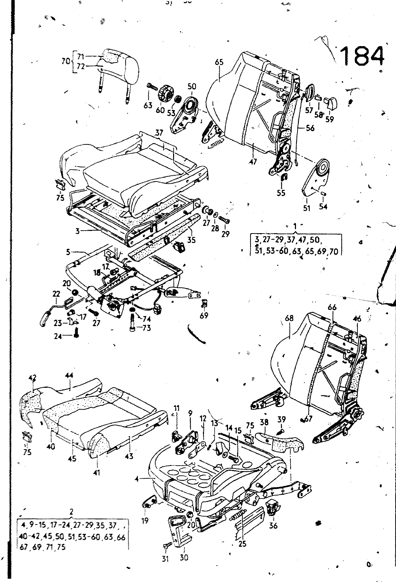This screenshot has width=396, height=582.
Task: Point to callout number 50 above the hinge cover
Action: click(x=192, y=86)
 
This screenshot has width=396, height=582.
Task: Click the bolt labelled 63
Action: click(x=151, y=88)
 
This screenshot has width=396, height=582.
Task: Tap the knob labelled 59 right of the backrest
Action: click(x=332, y=101)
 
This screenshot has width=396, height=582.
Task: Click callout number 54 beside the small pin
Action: click(x=323, y=207)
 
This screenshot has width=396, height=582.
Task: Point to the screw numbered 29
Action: click(x=225, y=220)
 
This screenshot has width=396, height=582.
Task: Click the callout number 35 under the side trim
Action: click(x=191, y=240)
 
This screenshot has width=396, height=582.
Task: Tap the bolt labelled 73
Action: click(x=132, y=323)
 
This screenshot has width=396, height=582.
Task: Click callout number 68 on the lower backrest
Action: click(x=289, y=318)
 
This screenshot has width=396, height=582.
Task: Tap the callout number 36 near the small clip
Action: click(x=273, y=525)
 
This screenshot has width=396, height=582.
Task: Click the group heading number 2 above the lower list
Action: click(x=72, y=512)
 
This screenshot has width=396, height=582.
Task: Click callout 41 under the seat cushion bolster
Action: click(x=96, y=473)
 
